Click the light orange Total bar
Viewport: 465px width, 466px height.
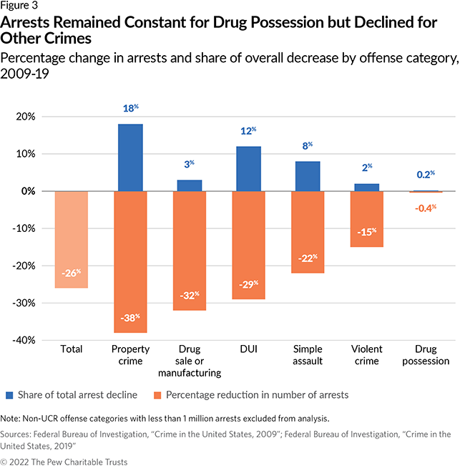72,239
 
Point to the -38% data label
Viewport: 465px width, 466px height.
131,316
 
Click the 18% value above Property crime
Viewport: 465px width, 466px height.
131,110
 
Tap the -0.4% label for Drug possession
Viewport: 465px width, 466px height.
425,208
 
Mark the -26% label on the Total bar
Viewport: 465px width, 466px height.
72,272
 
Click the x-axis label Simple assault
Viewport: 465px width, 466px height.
308,355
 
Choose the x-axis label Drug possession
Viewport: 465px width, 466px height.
425,355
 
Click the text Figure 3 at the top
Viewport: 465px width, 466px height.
19,6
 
